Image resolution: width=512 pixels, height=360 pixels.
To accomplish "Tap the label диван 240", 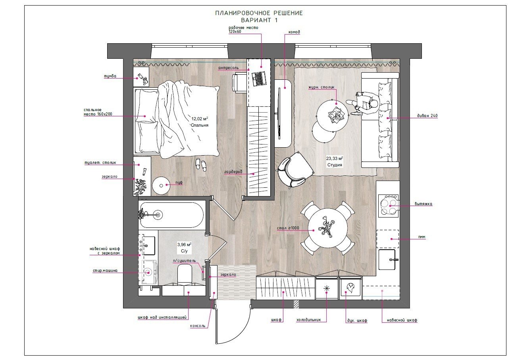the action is point(427,116).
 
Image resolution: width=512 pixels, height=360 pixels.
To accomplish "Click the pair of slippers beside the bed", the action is point(201,164).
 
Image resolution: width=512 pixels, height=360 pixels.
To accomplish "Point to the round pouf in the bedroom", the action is point(161,186).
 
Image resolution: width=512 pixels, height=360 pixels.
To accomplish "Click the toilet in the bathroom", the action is point(185,274).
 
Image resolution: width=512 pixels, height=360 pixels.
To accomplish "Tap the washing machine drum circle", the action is point(148,272).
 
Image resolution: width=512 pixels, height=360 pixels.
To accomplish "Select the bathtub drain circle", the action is point(158,215).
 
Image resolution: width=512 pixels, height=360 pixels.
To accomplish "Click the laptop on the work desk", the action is point(259,79).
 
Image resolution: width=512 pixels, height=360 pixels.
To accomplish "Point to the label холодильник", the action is point(308,320).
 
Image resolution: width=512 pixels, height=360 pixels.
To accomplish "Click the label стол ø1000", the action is point(288,228).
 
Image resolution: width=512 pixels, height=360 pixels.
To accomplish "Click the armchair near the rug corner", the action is point(295,169).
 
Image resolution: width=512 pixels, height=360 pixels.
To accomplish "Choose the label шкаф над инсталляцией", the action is point(162,317).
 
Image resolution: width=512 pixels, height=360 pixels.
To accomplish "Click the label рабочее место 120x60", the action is point(243,30).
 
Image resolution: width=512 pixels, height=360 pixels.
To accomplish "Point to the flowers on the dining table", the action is point(327,226).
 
